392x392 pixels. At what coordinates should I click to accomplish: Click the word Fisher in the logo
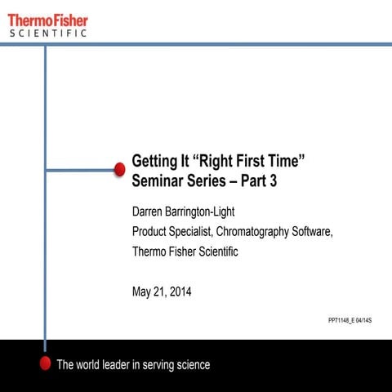70,20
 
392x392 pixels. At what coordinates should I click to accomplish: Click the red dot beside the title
119,169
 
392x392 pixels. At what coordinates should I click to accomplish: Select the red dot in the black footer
45,364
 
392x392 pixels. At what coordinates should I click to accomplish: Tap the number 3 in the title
274,182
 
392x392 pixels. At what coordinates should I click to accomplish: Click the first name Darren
150,212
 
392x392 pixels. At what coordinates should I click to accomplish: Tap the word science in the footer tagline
191,365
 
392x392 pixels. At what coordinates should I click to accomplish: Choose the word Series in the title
208,182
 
